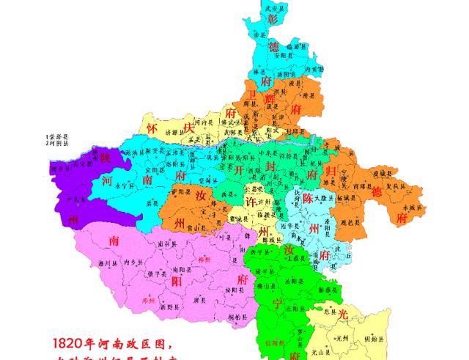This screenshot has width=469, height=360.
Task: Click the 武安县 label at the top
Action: [x=273, y=8]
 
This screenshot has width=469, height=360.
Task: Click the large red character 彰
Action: [x=273, y=18]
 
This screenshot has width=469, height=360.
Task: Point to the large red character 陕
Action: [x=106, y=158]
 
